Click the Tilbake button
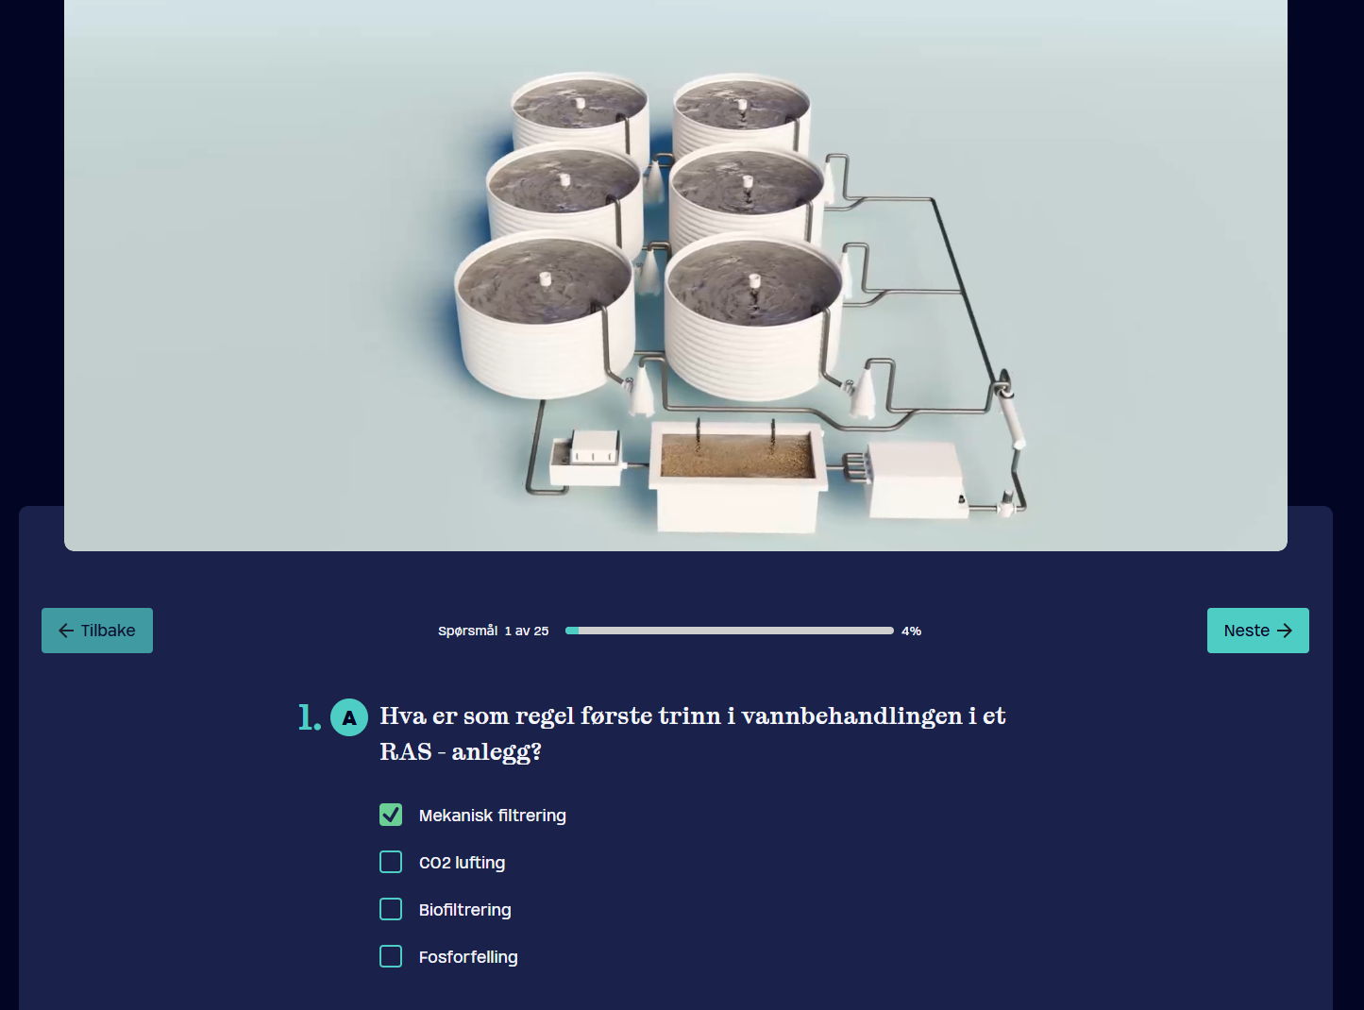coord(97,631)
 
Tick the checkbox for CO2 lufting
coord(391,862)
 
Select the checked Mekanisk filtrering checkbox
coord(391,815)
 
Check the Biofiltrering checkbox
coord(391,909)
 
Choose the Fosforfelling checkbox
coord(391,956)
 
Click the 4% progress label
coord(912,631)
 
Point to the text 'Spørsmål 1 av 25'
coord(493,631)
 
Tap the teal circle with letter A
coord(349,717)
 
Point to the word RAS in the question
coord(406,751)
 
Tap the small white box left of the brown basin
coord(586,458)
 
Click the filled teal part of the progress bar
coord(572,631)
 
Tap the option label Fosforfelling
coord(468,957)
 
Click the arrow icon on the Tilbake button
coord(66,631)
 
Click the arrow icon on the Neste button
coord(1285,631)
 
